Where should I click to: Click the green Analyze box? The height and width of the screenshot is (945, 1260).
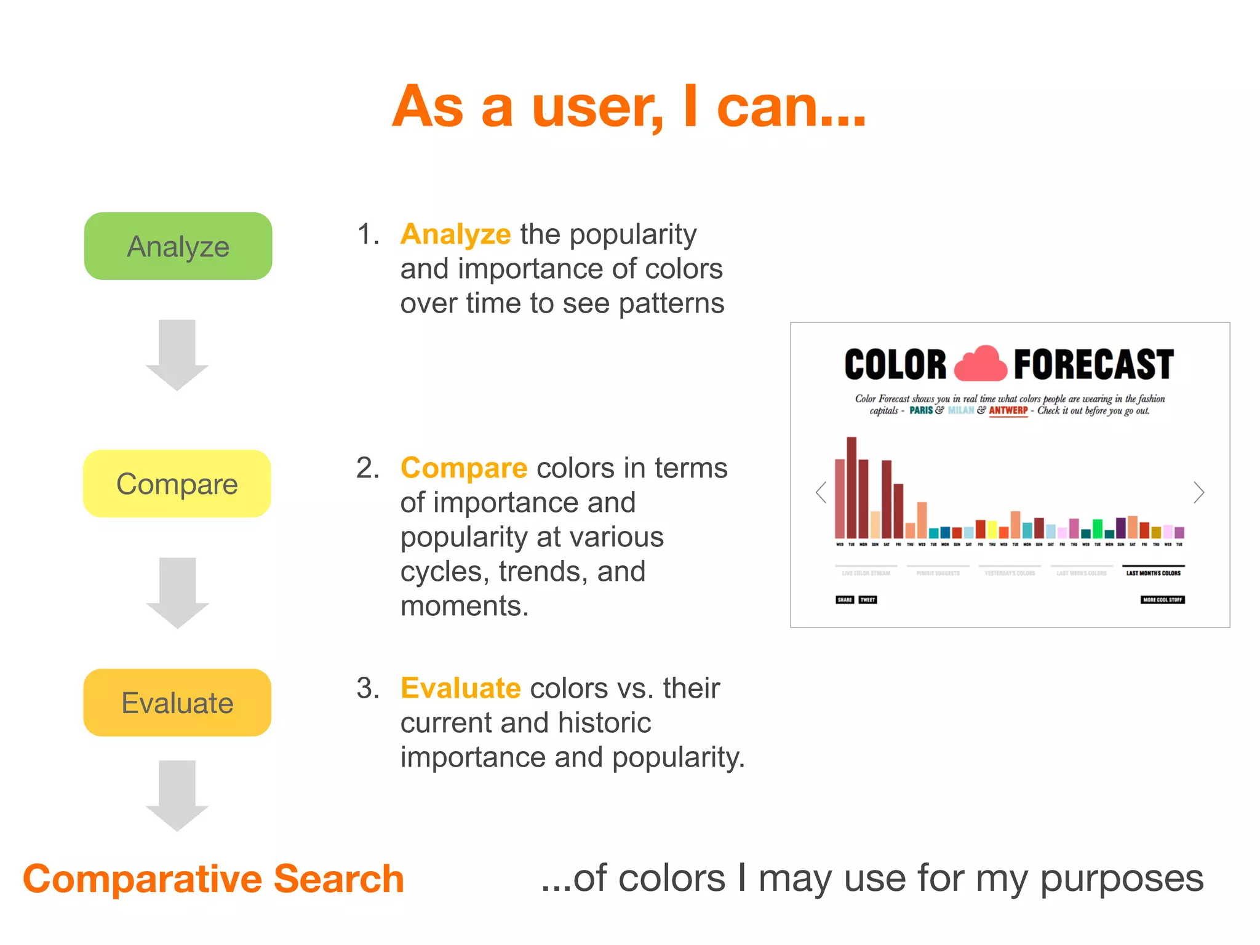[178, 246]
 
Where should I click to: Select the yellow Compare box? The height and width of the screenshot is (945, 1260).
[177, 484]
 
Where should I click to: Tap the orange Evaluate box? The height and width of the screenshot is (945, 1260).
[177, 703]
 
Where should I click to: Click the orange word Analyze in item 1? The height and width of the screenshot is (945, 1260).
[455, 234]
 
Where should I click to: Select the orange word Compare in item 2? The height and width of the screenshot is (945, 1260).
[464, 468]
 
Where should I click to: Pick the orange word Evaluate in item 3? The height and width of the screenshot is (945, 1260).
[461, 688]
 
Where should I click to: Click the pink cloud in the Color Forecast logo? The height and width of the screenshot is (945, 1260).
[981, 364]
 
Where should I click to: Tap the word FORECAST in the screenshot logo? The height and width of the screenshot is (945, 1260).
[1093, 364]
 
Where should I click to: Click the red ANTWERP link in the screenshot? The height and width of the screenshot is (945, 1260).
[1008, 410]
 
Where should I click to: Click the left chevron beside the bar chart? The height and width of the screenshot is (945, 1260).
[821, 492]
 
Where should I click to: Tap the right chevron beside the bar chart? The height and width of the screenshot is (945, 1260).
[1198, 492]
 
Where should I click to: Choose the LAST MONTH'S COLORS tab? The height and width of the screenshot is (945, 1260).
[1153, 573]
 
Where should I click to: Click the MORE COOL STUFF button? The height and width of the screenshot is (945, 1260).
[1162, 599]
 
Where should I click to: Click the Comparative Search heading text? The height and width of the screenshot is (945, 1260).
[213, 879]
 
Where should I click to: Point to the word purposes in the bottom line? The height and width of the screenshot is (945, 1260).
[1121, 879]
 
